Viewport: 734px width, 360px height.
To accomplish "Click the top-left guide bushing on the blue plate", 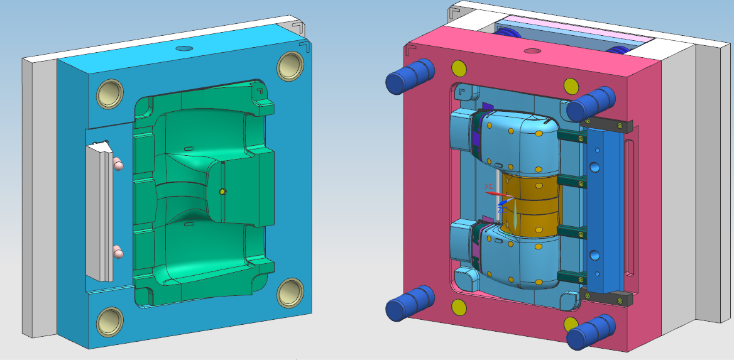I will click(110, 94).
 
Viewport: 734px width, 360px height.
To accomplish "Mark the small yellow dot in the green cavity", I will click(221, 191).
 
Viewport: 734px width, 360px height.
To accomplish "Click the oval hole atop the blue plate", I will click(183, 48).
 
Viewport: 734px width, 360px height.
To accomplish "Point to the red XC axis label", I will click(489, 187).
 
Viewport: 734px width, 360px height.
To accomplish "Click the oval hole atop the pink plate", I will click(532, 51).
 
